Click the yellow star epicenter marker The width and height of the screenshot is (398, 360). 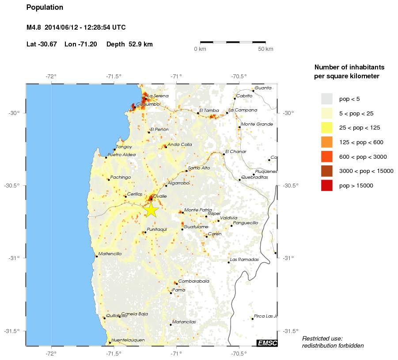click(151, 210)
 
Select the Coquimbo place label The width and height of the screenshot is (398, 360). click(147, 105)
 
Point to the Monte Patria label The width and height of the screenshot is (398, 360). click(197, 210)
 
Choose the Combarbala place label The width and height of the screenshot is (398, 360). click(193, 281)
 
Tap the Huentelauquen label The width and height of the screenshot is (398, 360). click(128, 340)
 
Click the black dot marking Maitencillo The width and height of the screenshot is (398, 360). click(97, 256)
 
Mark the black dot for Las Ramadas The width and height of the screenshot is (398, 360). click(228, 262)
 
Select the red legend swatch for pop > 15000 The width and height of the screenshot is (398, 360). click(326, 185)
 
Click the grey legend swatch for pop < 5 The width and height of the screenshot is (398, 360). click(326, 98)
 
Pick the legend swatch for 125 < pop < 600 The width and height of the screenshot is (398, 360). click(326, 142)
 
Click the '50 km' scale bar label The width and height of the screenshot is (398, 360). click(265, 49)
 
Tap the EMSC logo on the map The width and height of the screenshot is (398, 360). click(267, 343)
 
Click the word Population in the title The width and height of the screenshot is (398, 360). click(45, 8)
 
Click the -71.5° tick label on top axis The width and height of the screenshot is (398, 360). click(114, 76)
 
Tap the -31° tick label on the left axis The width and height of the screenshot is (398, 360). click(14, 258)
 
